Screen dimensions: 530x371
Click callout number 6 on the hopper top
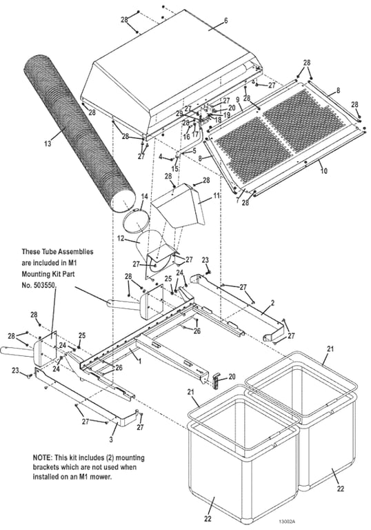(225, 21)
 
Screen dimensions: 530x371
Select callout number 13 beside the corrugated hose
(47, 144)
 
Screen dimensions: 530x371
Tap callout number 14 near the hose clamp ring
(143, 196)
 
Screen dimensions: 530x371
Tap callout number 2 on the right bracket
(272, 302)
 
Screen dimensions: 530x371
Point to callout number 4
(160, 157)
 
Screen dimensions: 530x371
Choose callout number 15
(175, 168)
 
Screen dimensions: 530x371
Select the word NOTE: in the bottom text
(47, 458)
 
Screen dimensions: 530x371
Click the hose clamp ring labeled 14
(137, 222)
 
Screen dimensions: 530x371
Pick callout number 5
(195, 151)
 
